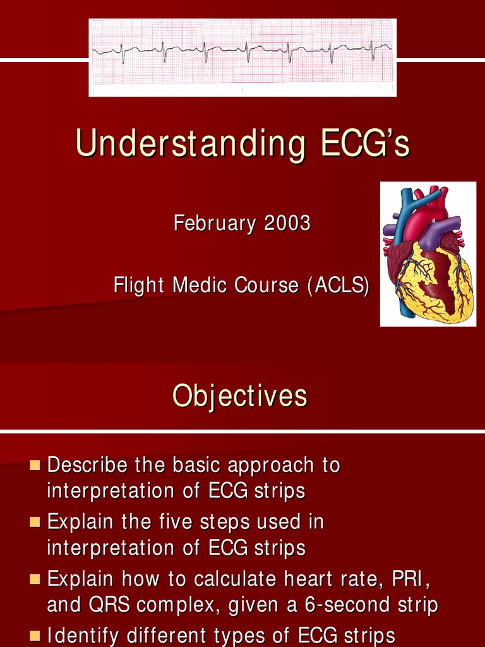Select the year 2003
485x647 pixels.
287,223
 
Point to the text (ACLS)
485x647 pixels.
338,286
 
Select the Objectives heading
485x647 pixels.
240,396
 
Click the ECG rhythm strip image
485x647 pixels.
242,57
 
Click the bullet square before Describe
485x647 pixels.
35,466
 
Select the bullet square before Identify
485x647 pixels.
35,635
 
